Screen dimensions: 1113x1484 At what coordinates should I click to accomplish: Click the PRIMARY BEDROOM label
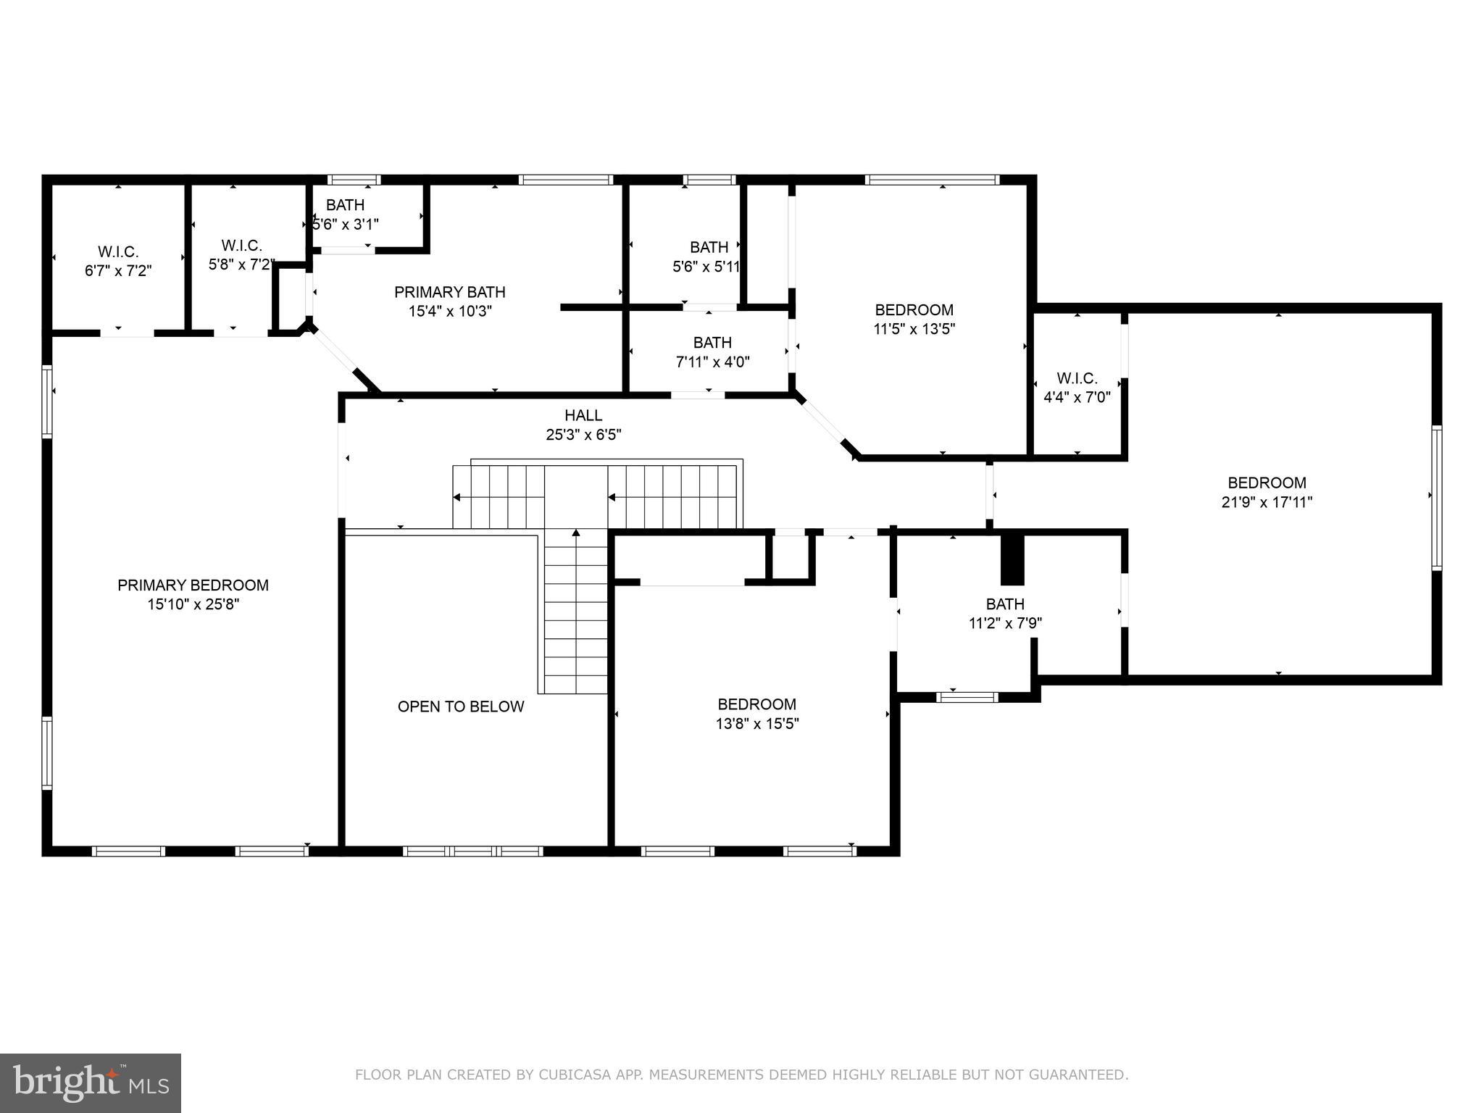193,585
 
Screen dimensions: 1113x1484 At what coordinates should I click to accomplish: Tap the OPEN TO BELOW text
460,706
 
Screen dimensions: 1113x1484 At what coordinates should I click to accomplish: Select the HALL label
583,415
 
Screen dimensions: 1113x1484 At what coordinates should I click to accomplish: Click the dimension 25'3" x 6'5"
583,435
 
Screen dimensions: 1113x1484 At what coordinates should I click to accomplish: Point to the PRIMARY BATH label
449,292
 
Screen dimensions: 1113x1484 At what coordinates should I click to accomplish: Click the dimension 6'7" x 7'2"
118,271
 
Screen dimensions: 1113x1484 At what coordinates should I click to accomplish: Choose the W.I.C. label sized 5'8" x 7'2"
241,246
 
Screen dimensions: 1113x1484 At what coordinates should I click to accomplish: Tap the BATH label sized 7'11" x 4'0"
712,342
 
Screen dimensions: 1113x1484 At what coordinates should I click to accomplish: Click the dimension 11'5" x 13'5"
914,329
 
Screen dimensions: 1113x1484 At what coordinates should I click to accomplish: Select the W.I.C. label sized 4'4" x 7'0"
1077,378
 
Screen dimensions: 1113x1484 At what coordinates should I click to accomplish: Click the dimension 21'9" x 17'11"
1267,501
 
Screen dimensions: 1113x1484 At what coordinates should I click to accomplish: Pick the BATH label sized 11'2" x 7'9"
1005,604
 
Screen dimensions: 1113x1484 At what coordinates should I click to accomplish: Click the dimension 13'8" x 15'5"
756,723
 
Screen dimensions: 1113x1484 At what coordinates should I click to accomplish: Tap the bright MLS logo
90,1083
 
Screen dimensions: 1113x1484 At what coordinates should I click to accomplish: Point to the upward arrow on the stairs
576,533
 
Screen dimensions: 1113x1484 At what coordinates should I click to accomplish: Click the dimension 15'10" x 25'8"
193,604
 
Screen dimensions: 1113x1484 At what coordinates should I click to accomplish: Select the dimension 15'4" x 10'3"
449,312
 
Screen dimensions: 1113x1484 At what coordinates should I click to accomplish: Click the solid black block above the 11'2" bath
1012,559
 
